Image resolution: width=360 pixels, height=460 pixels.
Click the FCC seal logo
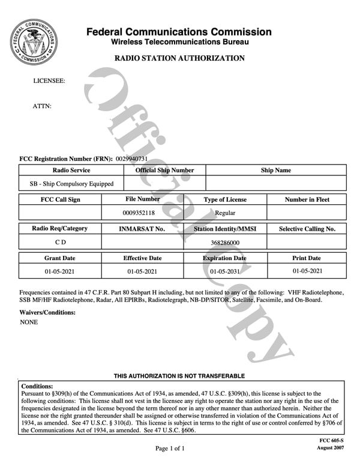point(34,44)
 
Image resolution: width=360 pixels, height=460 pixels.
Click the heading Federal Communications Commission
point(179,32)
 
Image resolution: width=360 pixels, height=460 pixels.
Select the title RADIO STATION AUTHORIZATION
point(179,58)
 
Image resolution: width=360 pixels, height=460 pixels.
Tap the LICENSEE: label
point(49,80)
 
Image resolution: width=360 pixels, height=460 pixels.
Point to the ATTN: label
point(42,106)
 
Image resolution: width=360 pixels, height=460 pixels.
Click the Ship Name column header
point(275,171)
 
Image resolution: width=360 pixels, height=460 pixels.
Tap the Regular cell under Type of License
point(225,213)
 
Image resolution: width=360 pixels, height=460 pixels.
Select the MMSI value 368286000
point(225,243)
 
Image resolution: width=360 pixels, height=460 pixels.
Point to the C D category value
point(60,243)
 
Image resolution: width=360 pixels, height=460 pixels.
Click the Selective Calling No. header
point(307,229)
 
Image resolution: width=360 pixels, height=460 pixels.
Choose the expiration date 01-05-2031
point(225,271)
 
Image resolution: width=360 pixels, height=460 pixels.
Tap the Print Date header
point(307,258)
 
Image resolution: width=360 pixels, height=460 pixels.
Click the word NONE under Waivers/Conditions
point(29,322)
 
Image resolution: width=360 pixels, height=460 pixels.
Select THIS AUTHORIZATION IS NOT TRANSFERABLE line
point(179,376)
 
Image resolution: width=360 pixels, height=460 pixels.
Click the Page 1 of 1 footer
point(170,448)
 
